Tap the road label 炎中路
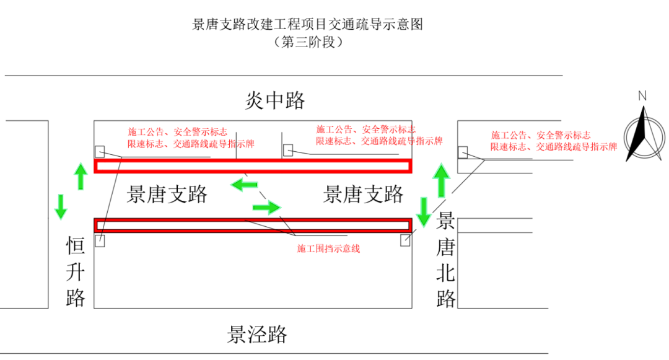coord(275,100)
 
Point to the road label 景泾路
coord(257,335)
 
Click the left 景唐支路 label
coord(167,195)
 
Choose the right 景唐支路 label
coord(364,195)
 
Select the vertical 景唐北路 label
coord(446,260)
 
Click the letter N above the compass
coord(642,96)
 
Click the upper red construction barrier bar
coord(252,165)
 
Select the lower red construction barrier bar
coord(252,225)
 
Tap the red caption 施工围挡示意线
coord(328,248)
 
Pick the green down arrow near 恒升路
coord(61,206)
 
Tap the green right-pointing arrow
coord(267,207)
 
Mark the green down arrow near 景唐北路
coord(424,212)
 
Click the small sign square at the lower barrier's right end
coord(405,240)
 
